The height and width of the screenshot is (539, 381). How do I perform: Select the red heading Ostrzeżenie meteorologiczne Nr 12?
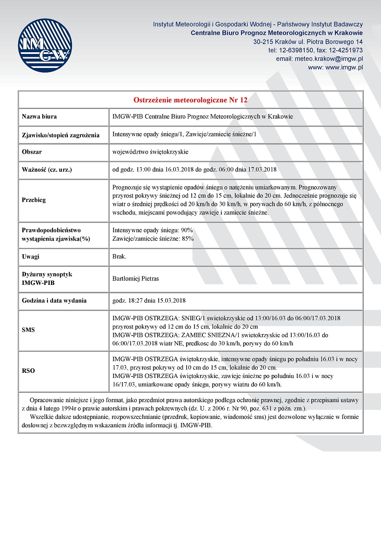[190, 100]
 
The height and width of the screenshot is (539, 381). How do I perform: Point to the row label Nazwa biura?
[40, 117]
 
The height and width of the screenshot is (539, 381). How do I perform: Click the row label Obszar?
[33, 152]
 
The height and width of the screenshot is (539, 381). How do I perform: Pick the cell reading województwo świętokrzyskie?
[150, 152]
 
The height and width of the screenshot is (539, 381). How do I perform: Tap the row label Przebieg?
[34, 200]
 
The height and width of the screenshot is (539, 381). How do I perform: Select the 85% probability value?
[187, 238]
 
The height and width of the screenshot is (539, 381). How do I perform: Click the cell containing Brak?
[120, 256]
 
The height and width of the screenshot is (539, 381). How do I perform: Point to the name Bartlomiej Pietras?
[136, 278]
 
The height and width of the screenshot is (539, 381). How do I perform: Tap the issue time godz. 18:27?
[126, 300]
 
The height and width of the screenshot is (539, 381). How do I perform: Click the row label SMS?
[29, 330]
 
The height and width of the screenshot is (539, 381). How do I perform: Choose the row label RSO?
[29, 371]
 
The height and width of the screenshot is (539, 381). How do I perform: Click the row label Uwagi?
[31, 256]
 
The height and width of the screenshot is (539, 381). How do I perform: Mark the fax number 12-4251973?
[346, 50]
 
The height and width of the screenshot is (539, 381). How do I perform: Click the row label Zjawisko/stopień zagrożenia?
[61, 135]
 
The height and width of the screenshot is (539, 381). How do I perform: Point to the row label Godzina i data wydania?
[54, 300]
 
